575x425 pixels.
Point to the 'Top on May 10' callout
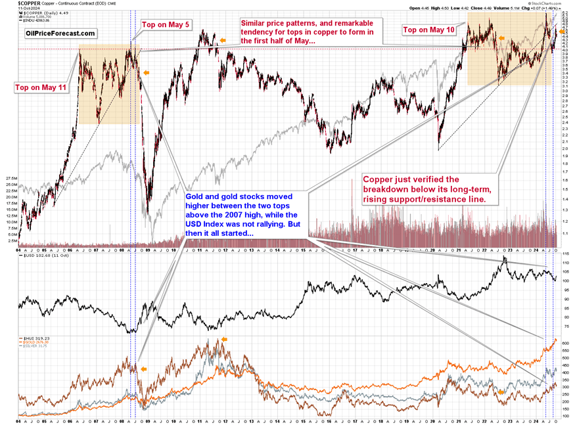(x=428, y=30)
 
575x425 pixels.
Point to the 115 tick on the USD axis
(x=565, y=254)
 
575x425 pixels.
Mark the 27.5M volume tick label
(x=11, y=178)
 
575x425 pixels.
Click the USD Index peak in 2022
(x=504, y=257)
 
